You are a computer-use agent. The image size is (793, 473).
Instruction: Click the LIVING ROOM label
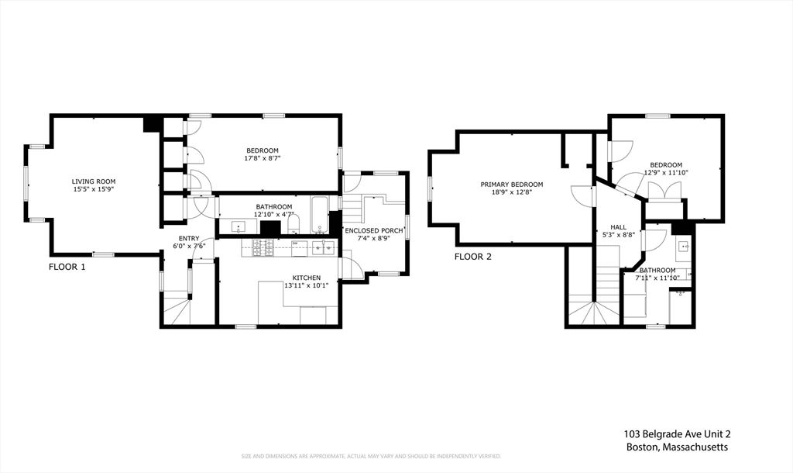94,181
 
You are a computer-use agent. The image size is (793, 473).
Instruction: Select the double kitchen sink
323,247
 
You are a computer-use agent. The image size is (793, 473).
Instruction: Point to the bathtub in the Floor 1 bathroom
319,215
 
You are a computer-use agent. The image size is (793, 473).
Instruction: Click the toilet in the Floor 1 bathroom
294,225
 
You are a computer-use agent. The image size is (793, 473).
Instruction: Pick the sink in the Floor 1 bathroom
239,226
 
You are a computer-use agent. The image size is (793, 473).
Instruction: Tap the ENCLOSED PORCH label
373,230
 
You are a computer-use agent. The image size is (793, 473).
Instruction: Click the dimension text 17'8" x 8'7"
263,158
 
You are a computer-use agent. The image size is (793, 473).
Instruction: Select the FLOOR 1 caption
67,267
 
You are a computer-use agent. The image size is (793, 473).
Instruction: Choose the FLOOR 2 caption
472,256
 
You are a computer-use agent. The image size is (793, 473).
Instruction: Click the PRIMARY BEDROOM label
511,185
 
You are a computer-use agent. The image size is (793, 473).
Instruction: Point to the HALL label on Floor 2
618,227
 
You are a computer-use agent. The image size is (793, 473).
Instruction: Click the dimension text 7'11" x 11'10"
657,277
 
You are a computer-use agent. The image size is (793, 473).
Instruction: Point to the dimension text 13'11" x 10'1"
305,285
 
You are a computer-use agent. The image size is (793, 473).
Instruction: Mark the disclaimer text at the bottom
371,456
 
